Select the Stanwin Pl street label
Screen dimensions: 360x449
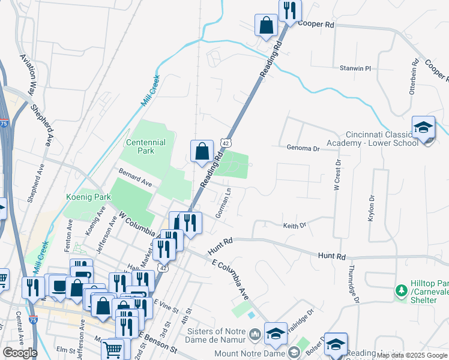356,68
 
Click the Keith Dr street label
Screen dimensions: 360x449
295,226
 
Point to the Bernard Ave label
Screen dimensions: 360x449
135,179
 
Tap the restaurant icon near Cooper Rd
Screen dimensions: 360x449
290,10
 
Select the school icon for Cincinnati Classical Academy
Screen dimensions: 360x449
423,128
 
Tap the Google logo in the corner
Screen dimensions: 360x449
20,353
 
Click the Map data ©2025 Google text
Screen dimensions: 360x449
412,355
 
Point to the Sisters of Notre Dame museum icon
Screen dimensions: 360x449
255,333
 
